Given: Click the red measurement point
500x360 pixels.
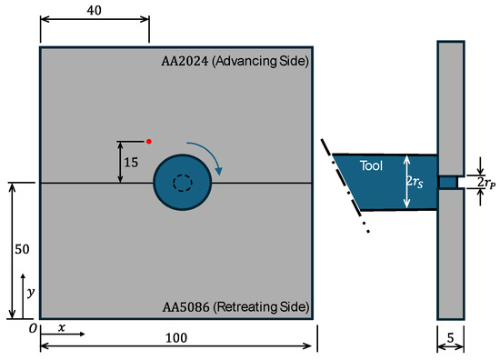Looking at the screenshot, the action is click(x=148, y=141).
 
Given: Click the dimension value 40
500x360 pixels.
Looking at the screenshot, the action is click(x=94, y=10).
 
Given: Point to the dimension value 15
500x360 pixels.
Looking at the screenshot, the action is click(x=131, y=163).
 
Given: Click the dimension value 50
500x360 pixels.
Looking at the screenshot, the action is click(x=22, y=249).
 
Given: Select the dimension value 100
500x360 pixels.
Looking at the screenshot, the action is click(x=176, y=337).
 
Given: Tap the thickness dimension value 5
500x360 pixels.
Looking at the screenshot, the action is click(x=450, y=337).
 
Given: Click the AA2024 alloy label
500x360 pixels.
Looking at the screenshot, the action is click(x=185, y=61).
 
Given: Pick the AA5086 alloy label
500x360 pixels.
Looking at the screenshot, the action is click(x=185, y=307).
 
